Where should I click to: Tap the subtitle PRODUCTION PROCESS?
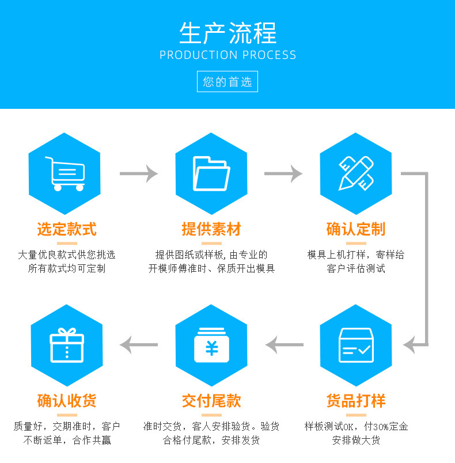click(x=227, y=55)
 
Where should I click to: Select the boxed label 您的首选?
click(x=227, y=82)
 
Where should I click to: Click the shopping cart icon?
click(x=65, y=173)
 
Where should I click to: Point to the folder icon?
click(x=211, y=173)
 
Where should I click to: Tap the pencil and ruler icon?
click(x=355, y=173)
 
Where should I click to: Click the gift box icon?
click(x=67, y=345)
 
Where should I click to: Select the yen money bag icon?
click(x=211, y=345)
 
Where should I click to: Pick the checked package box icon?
click(x=355, y=345)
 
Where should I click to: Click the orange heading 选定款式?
click(x=67, y=229)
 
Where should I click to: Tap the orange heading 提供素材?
click(x=211, y=229)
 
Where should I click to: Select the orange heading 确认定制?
click(x=355, y=229)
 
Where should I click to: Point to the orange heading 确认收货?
click(x=67, y=401)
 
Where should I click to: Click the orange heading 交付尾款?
click(x=211, y=401)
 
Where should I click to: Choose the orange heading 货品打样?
click(x=355, y=401)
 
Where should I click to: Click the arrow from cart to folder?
click(x=138, y=173)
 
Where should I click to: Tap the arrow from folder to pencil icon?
click(x=283, y=173)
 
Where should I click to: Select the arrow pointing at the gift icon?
click(x=138, y=345)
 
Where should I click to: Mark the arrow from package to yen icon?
click(x=284, y=345)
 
